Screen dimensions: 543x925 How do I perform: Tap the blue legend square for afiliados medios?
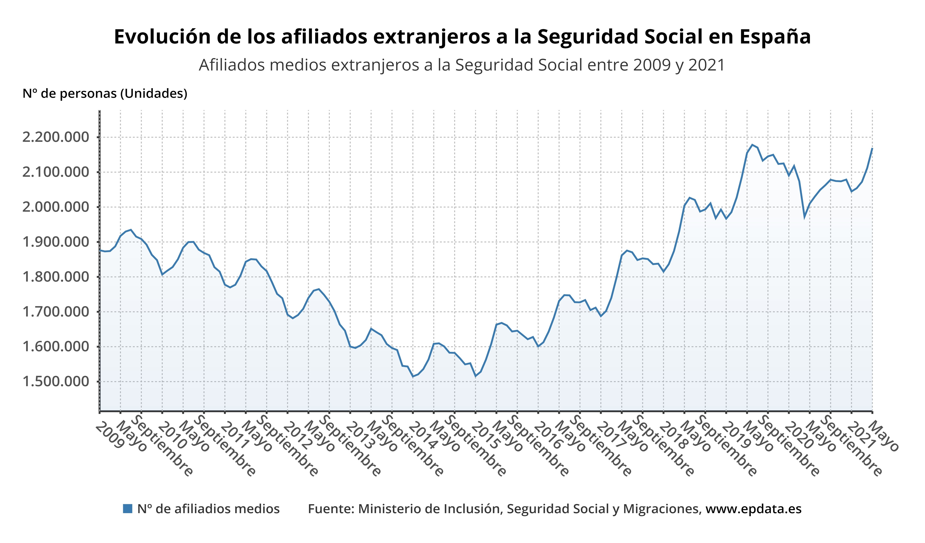(127, 509)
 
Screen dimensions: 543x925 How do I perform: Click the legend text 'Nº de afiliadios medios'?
(208, 509)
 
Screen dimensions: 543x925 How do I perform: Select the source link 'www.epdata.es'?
(753, 509)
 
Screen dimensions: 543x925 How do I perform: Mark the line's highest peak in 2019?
(752, 145)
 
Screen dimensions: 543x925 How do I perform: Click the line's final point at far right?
(872, 148)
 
